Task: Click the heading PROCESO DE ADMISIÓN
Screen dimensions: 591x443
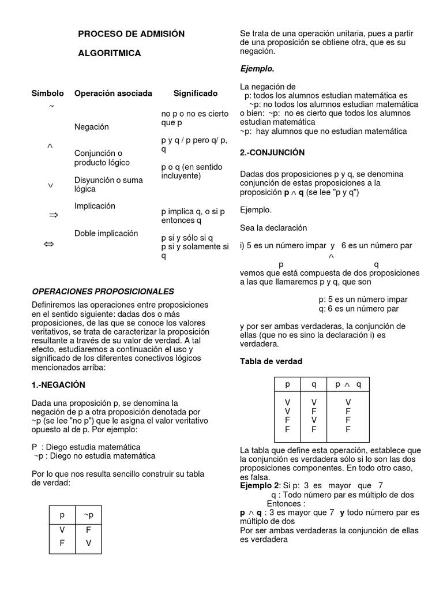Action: pyautogui.click(x=131, y=34)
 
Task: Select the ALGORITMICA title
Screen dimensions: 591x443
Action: pyautogui.click(x=109, y=53)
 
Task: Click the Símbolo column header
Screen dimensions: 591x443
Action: pyautogui.click(x=47, y=93)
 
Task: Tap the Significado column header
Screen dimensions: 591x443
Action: pyautogui.click(x=196, y=93)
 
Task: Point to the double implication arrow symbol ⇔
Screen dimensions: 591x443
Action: pyautogui.click(x=49, y=245)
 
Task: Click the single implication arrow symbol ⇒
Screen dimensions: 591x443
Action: pyautogui.click(x=54, y=215)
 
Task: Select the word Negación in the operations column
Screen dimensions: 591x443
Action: pyautogui.click(x=91, y=126)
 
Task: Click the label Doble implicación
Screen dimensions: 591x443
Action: pyautogui.click(x=106, y=233)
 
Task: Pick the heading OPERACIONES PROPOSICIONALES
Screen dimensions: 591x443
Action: pyautogui.click(x=103, y=291)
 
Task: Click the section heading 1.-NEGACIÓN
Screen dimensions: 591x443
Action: pyautogui.click(x=58, y=384)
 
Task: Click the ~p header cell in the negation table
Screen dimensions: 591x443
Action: pyautogui.click(x=88, y=515)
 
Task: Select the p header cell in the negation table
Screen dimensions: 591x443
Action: pyautogui.click(x=62, y=515)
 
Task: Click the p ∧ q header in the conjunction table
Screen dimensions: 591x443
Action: pyautogui.click(x=348, y=384)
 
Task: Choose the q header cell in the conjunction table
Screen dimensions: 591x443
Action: pyautogui.click(x=314, y=384)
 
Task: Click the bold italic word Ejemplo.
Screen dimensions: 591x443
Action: pyautogui.click(x=257, y=69)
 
